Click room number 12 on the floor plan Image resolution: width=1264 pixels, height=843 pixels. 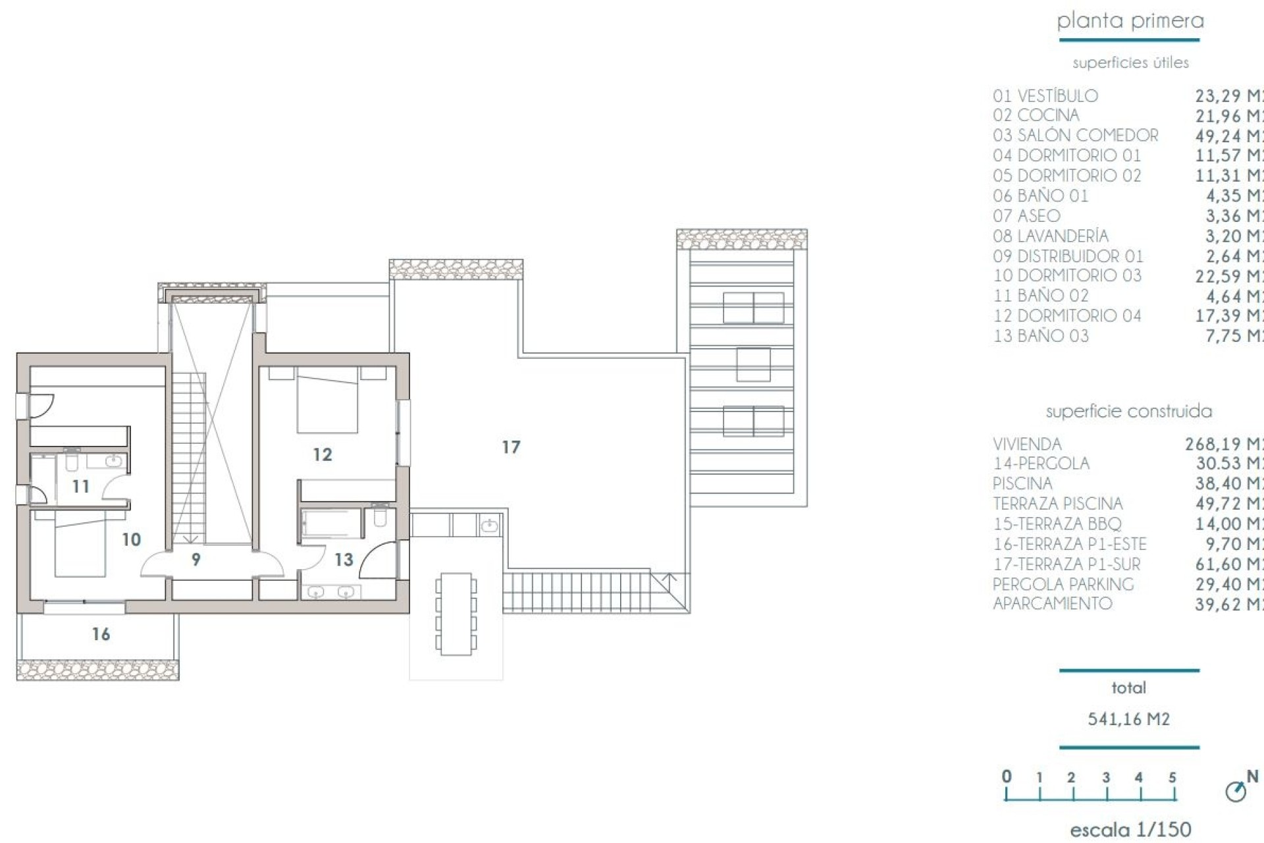[x=323, y=454]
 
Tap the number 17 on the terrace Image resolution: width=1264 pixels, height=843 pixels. [x=511, y=448]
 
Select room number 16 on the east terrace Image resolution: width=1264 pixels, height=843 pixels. [x=101, y=634]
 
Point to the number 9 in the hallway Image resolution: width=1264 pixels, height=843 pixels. [x=196, y=560]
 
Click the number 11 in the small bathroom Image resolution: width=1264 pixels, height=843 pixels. [x=81, y=487]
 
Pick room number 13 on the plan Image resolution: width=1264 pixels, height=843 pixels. [x=344, y=560]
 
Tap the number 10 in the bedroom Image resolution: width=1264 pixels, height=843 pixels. [x=132, y=540]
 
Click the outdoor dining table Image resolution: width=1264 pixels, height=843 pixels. [x=456, y=614]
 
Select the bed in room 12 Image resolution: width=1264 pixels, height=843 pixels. [x=327, y=402]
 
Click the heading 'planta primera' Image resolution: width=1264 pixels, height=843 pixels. [x=1130, y=21]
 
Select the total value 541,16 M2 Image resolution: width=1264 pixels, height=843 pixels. [x=1128, y=719]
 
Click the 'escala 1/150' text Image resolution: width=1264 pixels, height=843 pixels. [x=1130, y=830]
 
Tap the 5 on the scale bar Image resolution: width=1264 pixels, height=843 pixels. [x=1172, y=778]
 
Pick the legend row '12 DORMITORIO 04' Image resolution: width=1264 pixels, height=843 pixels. [x=1066, y=316]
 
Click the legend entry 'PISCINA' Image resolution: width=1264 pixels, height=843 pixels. [x=1022, y=484]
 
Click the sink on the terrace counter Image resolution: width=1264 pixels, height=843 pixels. [x=489, y=526]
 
